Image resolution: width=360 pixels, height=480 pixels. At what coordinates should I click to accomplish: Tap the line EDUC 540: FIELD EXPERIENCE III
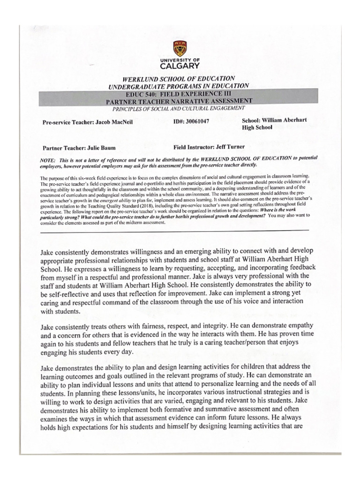pos(179,94)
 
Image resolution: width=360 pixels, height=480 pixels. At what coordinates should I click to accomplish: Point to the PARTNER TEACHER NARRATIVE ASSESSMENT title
pos(179,101)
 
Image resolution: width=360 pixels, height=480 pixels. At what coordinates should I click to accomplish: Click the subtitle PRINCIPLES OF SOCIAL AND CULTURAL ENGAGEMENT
pos(179,108)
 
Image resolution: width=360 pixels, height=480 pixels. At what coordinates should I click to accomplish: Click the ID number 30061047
pos(198,121)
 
